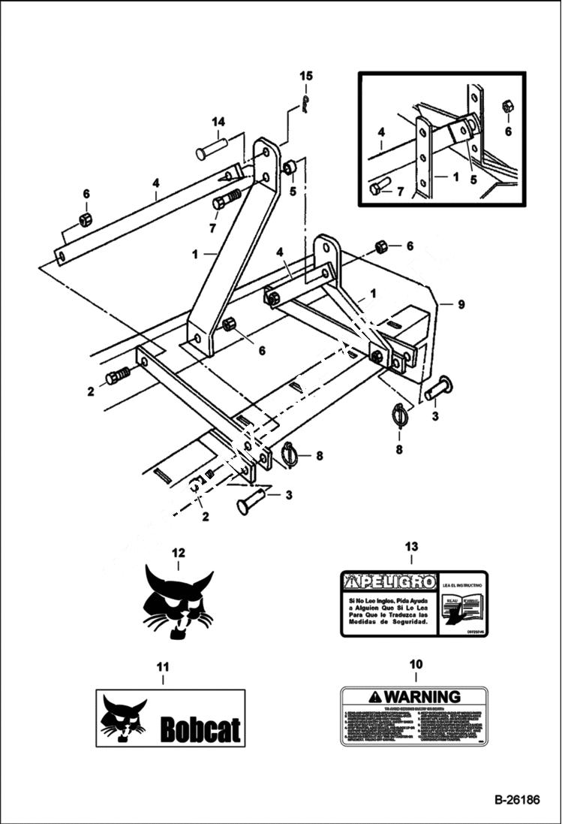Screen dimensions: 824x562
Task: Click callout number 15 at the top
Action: [305, 76]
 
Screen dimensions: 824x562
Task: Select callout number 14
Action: [218, 122]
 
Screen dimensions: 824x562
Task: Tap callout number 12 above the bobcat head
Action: [178, 553]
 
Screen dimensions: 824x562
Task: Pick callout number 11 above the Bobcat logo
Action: [163, 666]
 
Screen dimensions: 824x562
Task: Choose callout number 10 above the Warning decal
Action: [415, 664]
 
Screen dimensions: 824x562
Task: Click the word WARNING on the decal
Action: [421, 697]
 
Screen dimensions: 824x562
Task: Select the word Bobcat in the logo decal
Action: [200, 729]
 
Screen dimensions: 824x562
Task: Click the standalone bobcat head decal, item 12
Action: [179, 605]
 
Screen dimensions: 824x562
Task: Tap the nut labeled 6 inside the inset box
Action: [507, 107]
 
